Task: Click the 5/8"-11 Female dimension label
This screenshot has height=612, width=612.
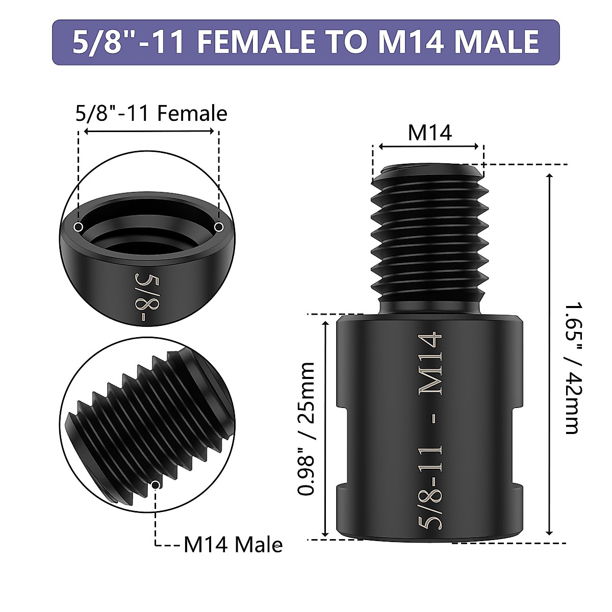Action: [151, 114]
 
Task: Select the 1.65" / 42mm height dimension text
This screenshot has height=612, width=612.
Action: [574, 368]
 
